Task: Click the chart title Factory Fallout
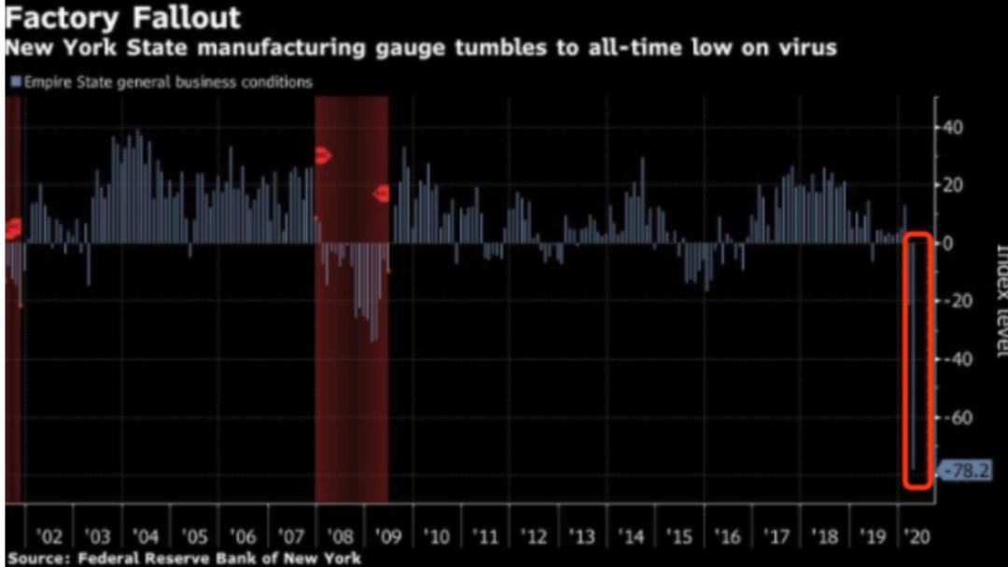click(123, 17)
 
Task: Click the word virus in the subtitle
click(804, 47)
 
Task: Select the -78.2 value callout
click(965, 472)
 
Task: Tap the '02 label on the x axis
click(49, 537)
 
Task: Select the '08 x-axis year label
click(340, 537)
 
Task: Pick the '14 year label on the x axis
click(631, 537)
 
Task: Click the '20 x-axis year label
click(918, 537)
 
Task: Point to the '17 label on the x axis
click(777, 537)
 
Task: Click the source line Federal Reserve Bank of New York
click(183, 559)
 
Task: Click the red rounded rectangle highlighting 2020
click(917, 360)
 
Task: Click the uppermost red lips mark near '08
click(323, 156)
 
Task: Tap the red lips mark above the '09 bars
click(381, 194)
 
